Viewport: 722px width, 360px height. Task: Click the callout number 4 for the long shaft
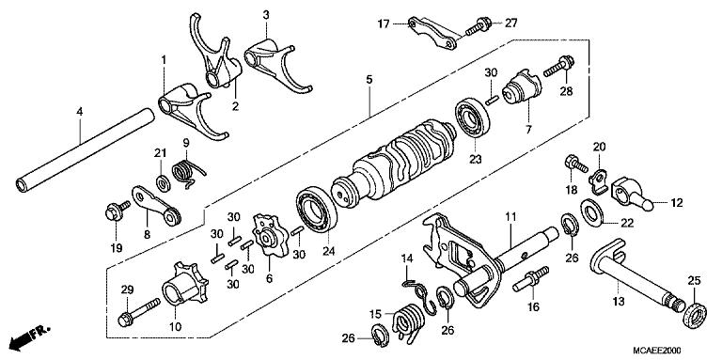coord(79,112)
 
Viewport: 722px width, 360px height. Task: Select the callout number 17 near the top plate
coord(384,23)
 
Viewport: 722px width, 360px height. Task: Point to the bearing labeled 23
coord(472,121)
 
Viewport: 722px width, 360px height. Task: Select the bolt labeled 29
coord(136,314)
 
